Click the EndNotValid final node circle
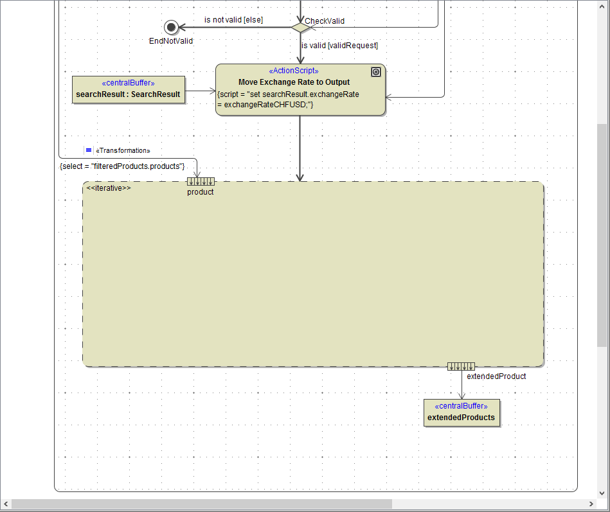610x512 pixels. tap(171, 27)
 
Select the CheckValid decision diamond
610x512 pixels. tap(300, 27)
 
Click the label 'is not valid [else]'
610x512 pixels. tap(233, 20)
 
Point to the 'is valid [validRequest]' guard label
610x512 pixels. tap(339, 46)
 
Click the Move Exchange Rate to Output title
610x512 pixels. tap(294, 82)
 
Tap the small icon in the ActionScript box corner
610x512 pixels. tap(376, 73)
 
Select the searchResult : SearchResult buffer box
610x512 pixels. tap(129, 90)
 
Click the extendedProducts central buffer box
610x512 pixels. tap(462, 412)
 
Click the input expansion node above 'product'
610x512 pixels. tap(201, 181)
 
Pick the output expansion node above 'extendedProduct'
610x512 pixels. tap(461, 366)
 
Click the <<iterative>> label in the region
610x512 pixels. tap(109, 188)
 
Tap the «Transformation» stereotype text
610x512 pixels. tap(123, 150)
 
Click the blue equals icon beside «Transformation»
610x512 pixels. tap(89, 150)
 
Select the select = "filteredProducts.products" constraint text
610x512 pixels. tap(122, 166)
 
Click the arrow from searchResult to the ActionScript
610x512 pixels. tap(201, 91)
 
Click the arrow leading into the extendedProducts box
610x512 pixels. tap(462, 385)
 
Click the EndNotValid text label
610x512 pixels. tap(171, 41)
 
